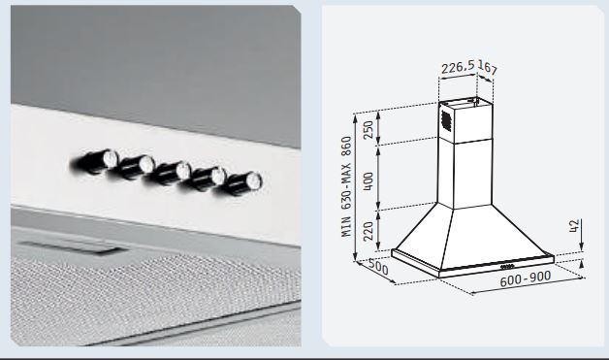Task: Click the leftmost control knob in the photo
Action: [95, 161]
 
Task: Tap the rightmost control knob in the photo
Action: [242, 184]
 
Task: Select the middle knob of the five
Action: [170, 173]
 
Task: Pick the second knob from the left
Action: [134, 167]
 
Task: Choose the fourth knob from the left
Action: [207, 179]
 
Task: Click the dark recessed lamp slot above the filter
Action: [72, 247]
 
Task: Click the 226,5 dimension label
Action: [458, 67]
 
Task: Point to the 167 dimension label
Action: [487, 67]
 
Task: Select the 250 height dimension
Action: [368, 129]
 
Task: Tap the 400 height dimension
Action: [368, 180]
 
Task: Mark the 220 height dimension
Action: [368, 231]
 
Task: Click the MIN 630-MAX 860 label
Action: [346, 186]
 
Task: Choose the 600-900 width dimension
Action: [525, 278]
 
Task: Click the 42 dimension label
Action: [574, 226]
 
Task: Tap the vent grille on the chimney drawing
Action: [445, 120]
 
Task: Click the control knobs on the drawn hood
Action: [507, 267]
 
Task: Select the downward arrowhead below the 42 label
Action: [582, 246]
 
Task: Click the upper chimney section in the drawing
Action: [465, 122]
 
